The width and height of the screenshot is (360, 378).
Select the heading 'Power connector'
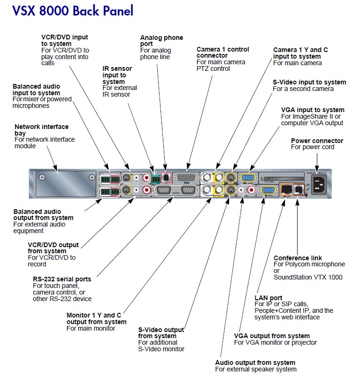pyautogui.click(x=317, y=141)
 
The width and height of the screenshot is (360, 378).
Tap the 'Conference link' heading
pyautogui.click(x=298, y=258)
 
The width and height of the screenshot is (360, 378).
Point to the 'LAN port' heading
pyautogui.click(x=268, y=298)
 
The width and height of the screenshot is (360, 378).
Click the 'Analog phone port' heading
pyautogui.click(x=161, y=41)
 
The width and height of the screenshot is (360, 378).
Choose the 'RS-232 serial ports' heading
pyautogui.click(x=62, y=279)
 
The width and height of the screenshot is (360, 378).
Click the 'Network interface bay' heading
pyautogui.click(x=41, y=130)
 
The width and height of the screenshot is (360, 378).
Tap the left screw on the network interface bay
pyautogui.click(x=42, y=177)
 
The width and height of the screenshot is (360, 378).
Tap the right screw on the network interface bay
pyautogui.click(x=92, y=177)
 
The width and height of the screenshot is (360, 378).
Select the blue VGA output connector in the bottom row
pyautogui.click(x=268, y=190)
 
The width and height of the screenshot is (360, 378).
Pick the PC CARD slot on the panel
pyautogui.click(x=279, y=177)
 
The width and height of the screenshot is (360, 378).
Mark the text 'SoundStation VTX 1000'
pyautogui.click(x=308, y=277)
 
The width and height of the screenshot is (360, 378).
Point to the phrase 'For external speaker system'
pyautogui.click(x=256, y=369)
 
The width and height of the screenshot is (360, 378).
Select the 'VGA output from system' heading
pyautogui.click(x=272, y=336)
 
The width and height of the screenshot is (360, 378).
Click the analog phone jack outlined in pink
pyautogui.click(x=166, y=177)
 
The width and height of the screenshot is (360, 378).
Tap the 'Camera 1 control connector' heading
pyautogui.click(x=222, y=52)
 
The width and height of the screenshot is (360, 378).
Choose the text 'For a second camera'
pyautogui.click(x=303, y=89)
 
